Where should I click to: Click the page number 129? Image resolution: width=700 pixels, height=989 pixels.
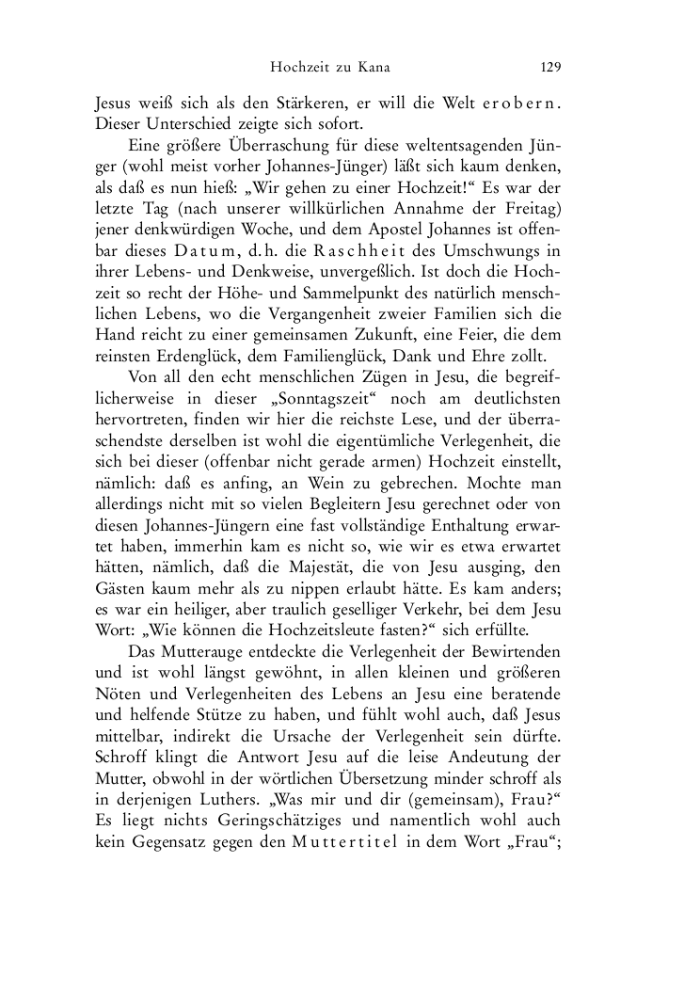click(x=550, y=67)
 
